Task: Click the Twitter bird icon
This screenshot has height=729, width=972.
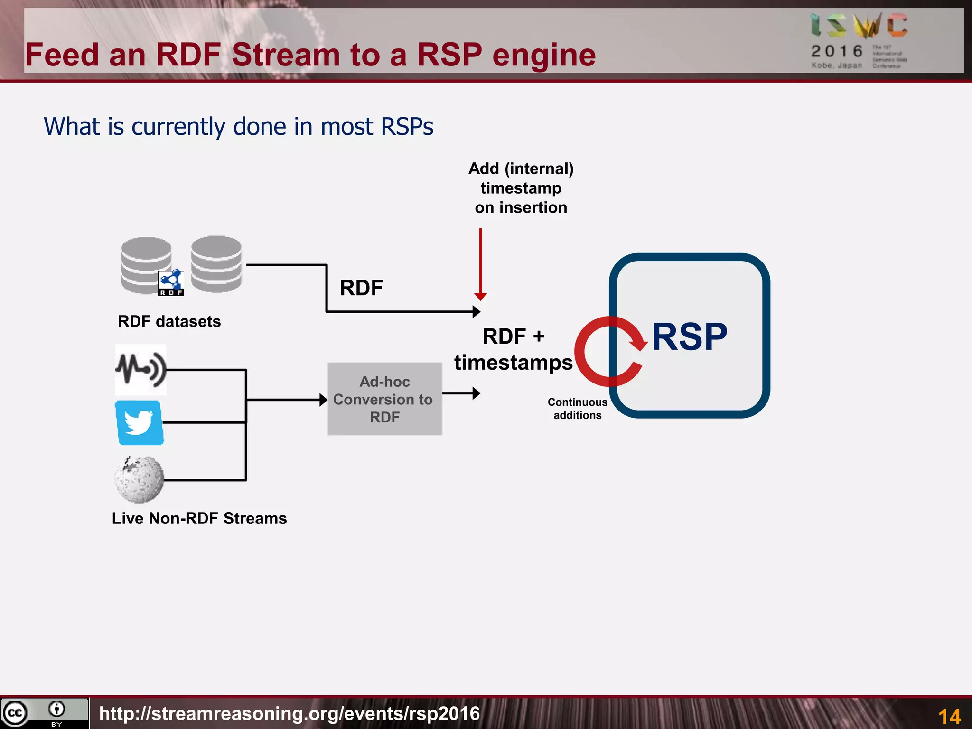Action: (x=139, y=422)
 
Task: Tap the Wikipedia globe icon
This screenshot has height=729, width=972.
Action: (x=140, y=479)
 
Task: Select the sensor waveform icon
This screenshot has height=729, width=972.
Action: (x=141, y=369)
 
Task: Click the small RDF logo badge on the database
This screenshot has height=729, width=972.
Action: (x=170, y=283)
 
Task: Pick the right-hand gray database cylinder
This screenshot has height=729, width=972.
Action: (x=216, y=264)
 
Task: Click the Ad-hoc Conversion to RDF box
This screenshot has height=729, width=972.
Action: (x=384, y=399)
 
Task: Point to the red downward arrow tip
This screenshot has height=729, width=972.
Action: (x=480, y=297)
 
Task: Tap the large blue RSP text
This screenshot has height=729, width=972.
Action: (x=689, y=337)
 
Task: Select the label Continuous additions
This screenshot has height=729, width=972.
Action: (x=577, y=409)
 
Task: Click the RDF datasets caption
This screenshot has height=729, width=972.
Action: (x=169, y=321)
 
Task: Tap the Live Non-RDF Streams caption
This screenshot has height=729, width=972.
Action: (x=199, y=518)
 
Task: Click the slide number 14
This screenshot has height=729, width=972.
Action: (x=949, y=716)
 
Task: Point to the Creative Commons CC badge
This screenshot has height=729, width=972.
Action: (x=16, y=713)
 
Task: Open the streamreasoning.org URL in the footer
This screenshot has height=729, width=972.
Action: (x=290, y=713)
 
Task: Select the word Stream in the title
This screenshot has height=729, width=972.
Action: (x=286, y=55)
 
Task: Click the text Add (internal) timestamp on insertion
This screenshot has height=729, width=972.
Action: (x=521, y=188)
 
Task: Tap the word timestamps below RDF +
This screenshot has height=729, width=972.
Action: (x=513, y=363)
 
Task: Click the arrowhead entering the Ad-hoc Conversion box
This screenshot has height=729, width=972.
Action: (x=324, y=400)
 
